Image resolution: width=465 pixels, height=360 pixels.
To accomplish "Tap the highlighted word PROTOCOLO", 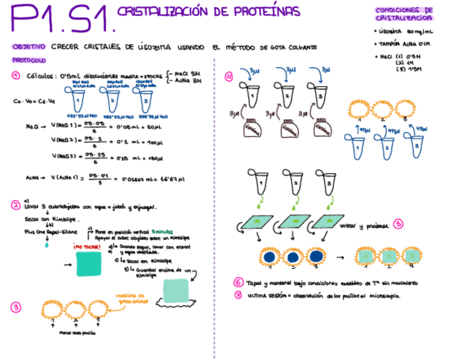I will pyautogui.click(x=29, y=60).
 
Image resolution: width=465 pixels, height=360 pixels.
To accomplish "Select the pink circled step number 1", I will pyautogui.click(x=16, y=77).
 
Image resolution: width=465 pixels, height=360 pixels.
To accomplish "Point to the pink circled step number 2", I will pyautogui.click(x=16, y=205).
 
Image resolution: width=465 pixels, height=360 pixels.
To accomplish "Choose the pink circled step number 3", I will pyautogui.click(x=16, y=307).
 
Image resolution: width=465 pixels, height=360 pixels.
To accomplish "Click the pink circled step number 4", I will pyautogui.click(x=229, y=77).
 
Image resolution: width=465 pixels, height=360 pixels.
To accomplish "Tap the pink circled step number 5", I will pyautogui.click(x=399, y=224).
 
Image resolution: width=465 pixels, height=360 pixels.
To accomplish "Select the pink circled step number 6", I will pyautogui.click(x=237, y=283).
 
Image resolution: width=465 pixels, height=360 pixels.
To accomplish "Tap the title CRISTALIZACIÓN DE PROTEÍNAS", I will pyautogui.click(x=209, y=12).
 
